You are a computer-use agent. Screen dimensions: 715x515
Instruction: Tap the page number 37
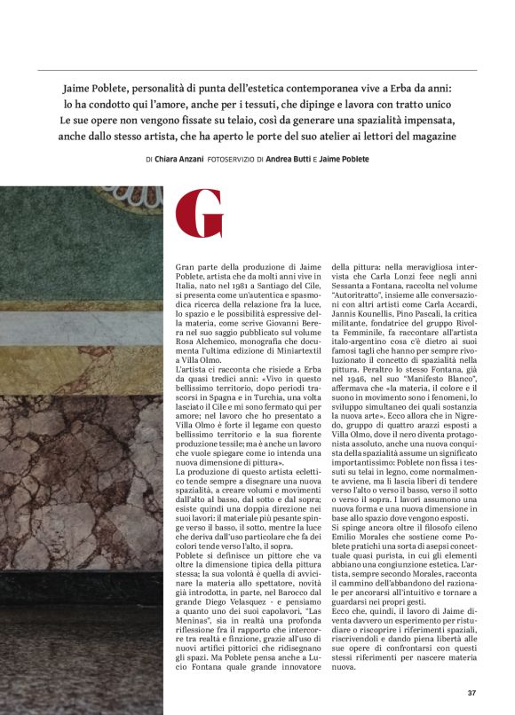(x=472, y=693)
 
